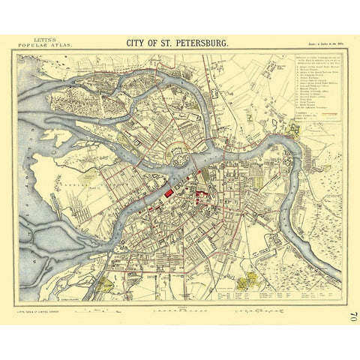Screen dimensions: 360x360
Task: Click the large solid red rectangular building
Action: point(169,194)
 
